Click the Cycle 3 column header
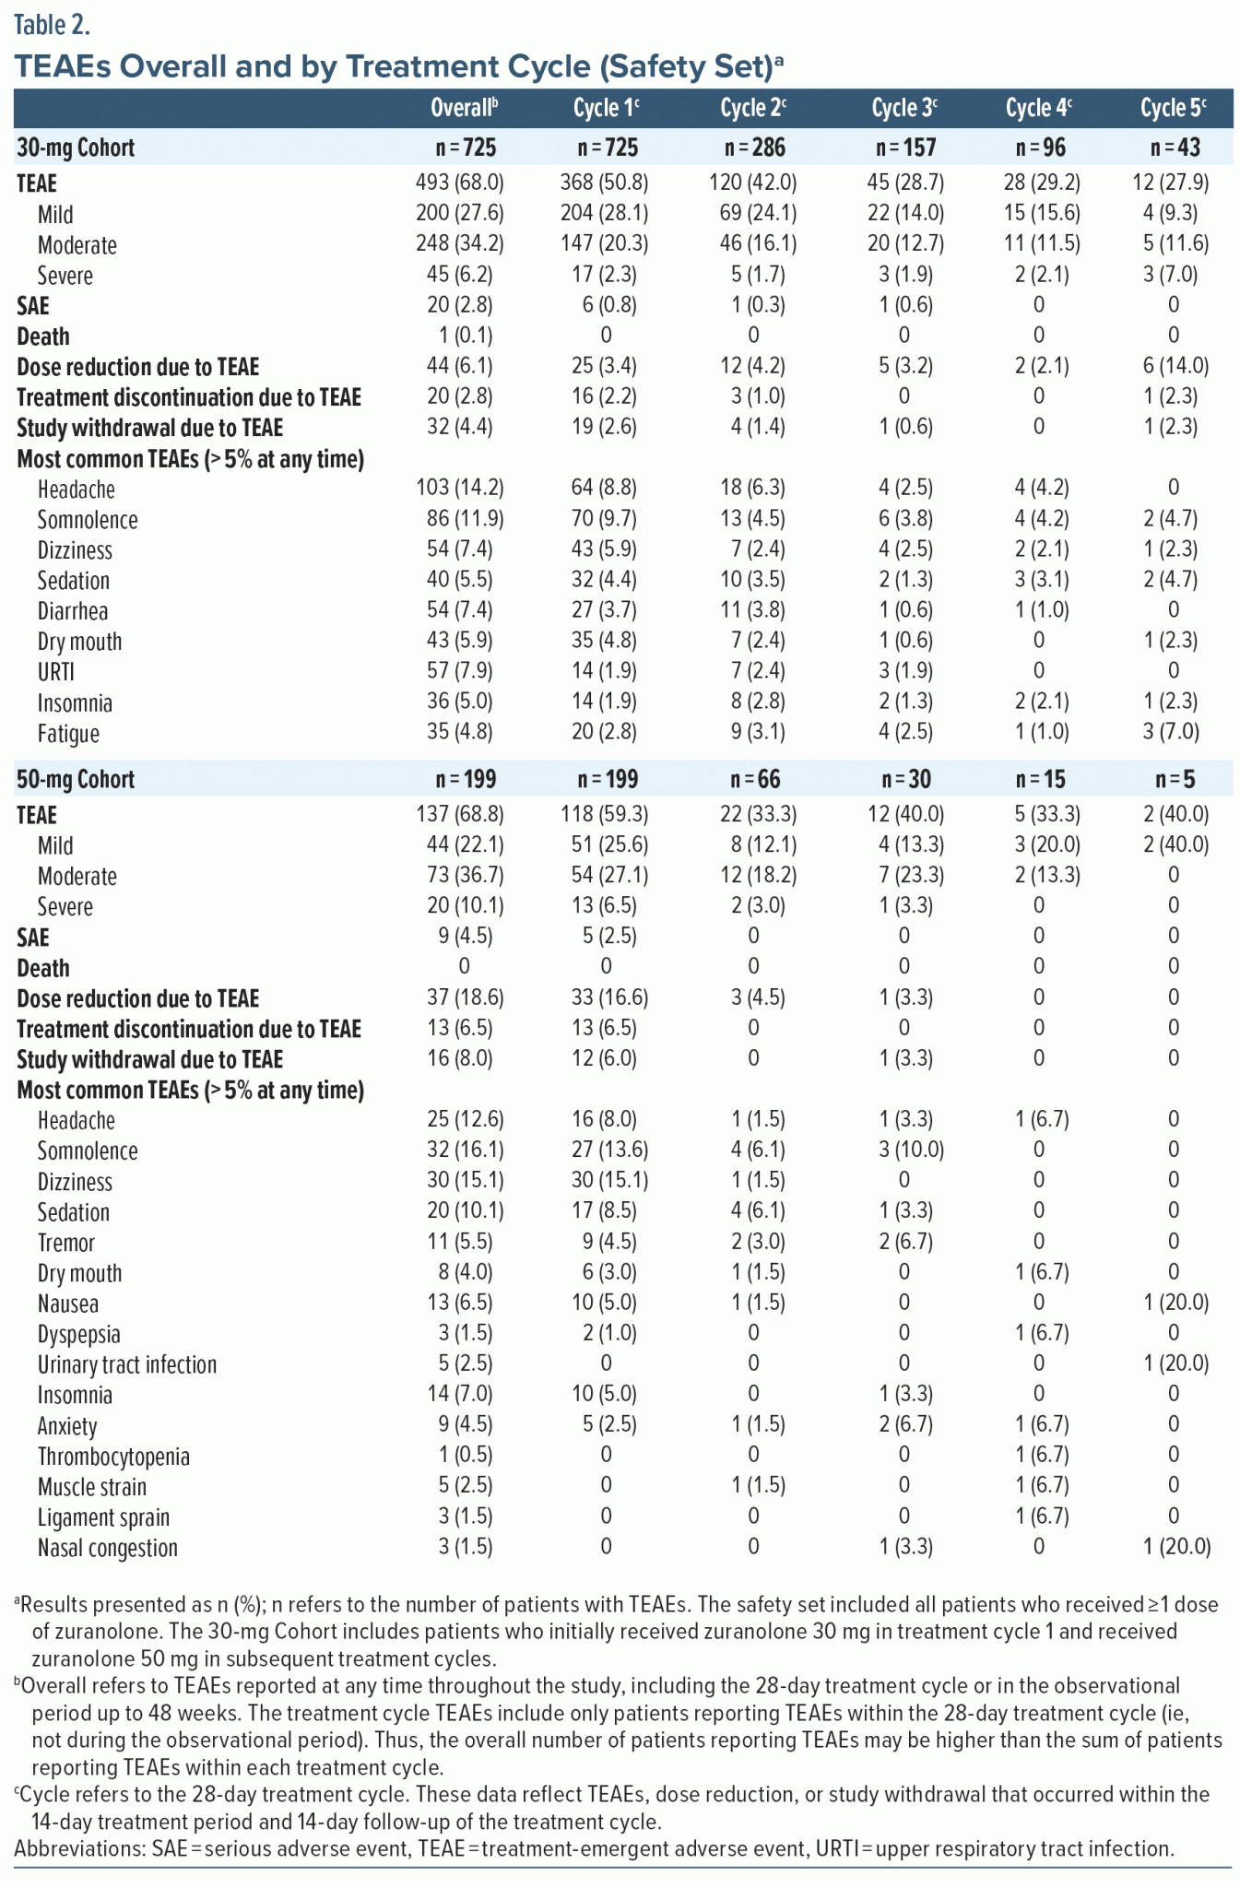(x=903, y=109)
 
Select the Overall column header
(x=464, y=109)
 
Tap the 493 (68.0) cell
(x=459, y=183)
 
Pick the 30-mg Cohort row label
(x=76, y=147)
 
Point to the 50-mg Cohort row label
(x=76, y=779)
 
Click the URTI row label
(x=55, y=672)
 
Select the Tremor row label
(x=66, y=1243)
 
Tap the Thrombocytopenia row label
(x=113, y=1457)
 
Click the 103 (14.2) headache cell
(x=459, y=488)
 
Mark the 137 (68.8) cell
(x=459, y=814)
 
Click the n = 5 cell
(x=1175, y=780)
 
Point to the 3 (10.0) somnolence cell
(x=903, y=1150)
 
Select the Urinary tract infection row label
(x=127, y=1364)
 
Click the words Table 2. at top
(x=52, y=25)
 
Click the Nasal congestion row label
(x=108, y=1548)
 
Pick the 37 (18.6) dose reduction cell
(x=459, y=997)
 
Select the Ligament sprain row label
(x=103, y=1517)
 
